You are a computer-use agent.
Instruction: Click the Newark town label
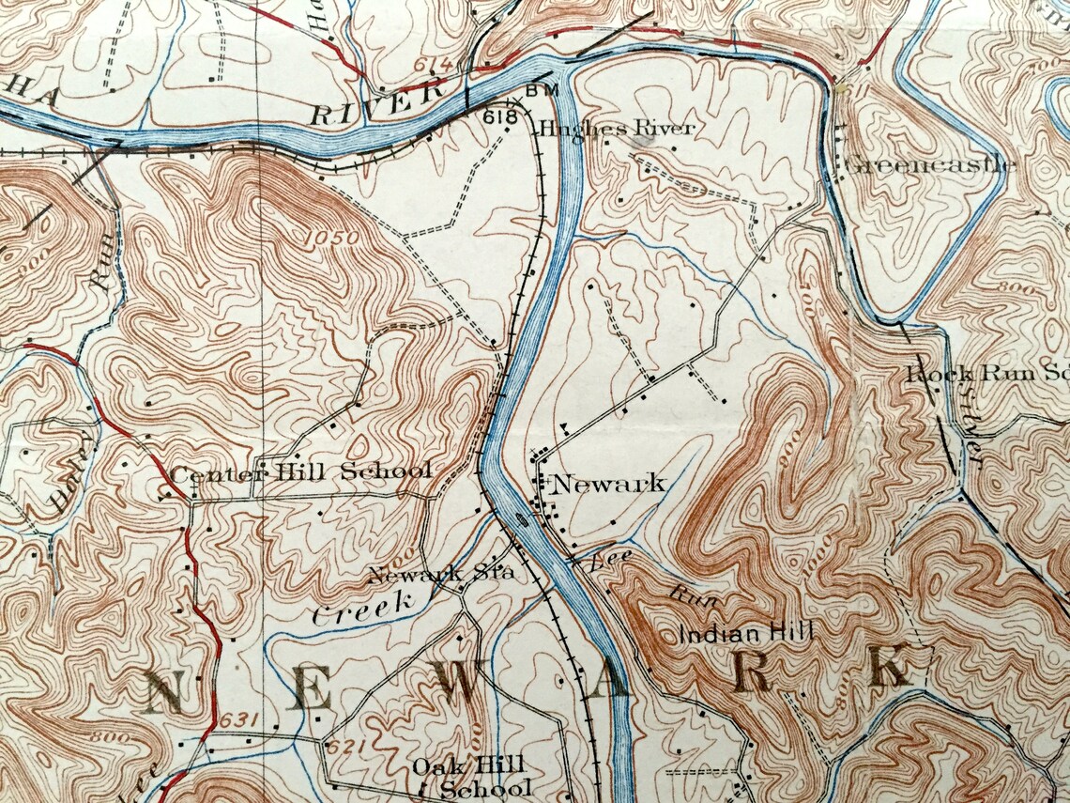(608, 485)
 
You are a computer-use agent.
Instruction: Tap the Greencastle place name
(929, 165)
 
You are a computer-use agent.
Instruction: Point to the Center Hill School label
(300, 471)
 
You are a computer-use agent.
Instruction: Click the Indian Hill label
(745, 633)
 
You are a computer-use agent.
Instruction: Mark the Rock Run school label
(986, 373)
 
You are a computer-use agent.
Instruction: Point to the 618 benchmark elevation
(502, 117)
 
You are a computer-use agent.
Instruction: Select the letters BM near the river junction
(542, 90)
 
